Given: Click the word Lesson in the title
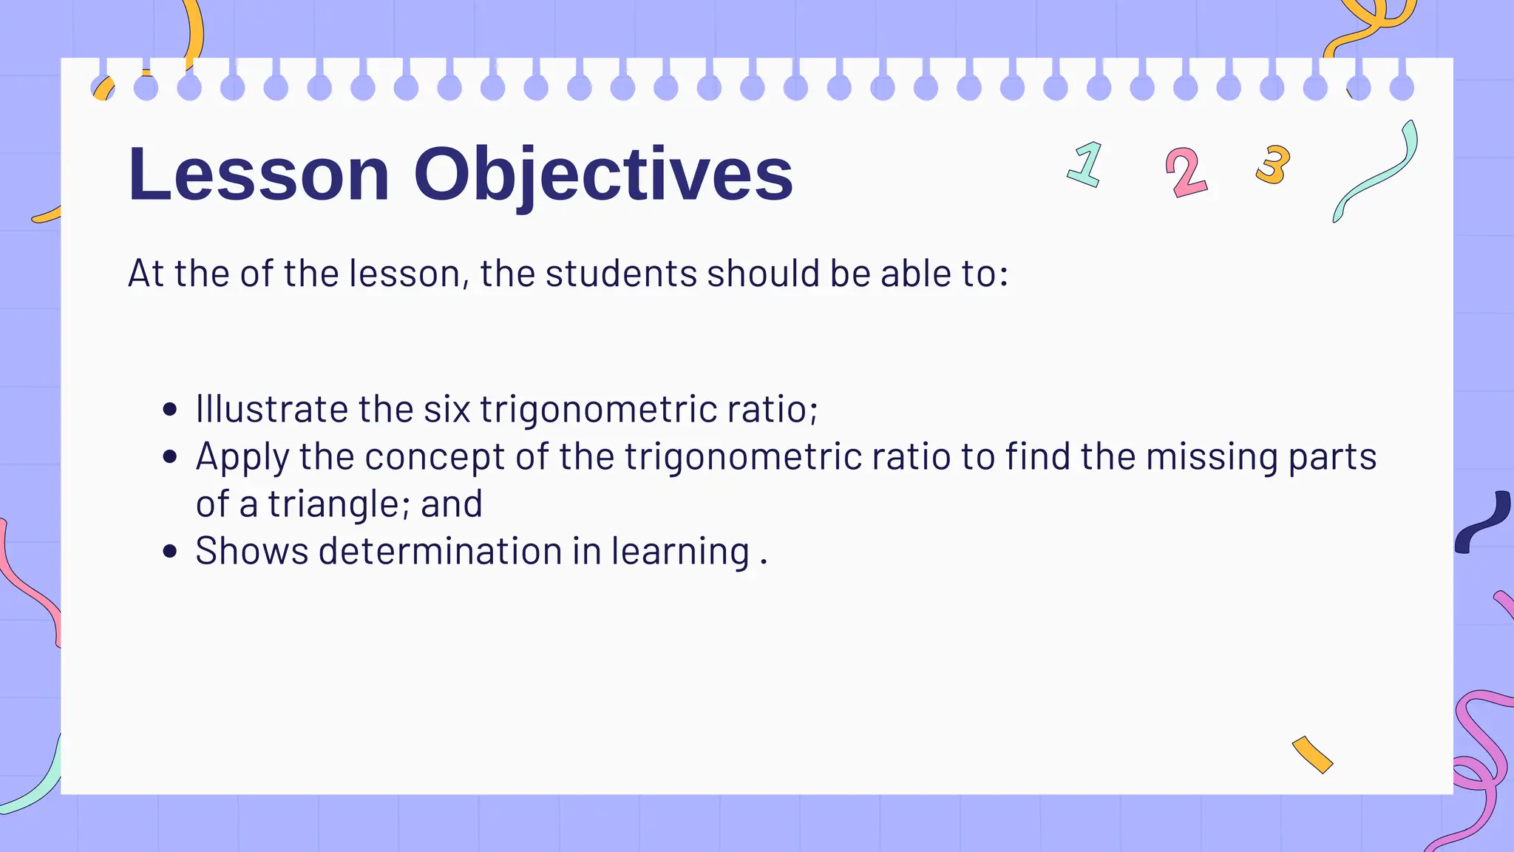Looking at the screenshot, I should coord(258,175).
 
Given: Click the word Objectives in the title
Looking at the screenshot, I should coord(602,175).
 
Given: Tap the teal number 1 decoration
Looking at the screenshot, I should coord(1086,164).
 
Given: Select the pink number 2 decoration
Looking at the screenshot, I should coord(1186,172).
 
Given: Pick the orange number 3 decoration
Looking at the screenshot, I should coord(1273,164).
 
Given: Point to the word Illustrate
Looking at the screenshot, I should coord(271,409).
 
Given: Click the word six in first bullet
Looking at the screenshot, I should coord(447,409).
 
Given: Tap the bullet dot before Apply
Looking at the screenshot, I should coord(170,457).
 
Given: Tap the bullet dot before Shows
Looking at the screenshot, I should coord(170,552).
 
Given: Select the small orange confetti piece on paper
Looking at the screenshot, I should coord(1312,754).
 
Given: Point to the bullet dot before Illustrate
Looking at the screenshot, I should coord(170,410).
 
